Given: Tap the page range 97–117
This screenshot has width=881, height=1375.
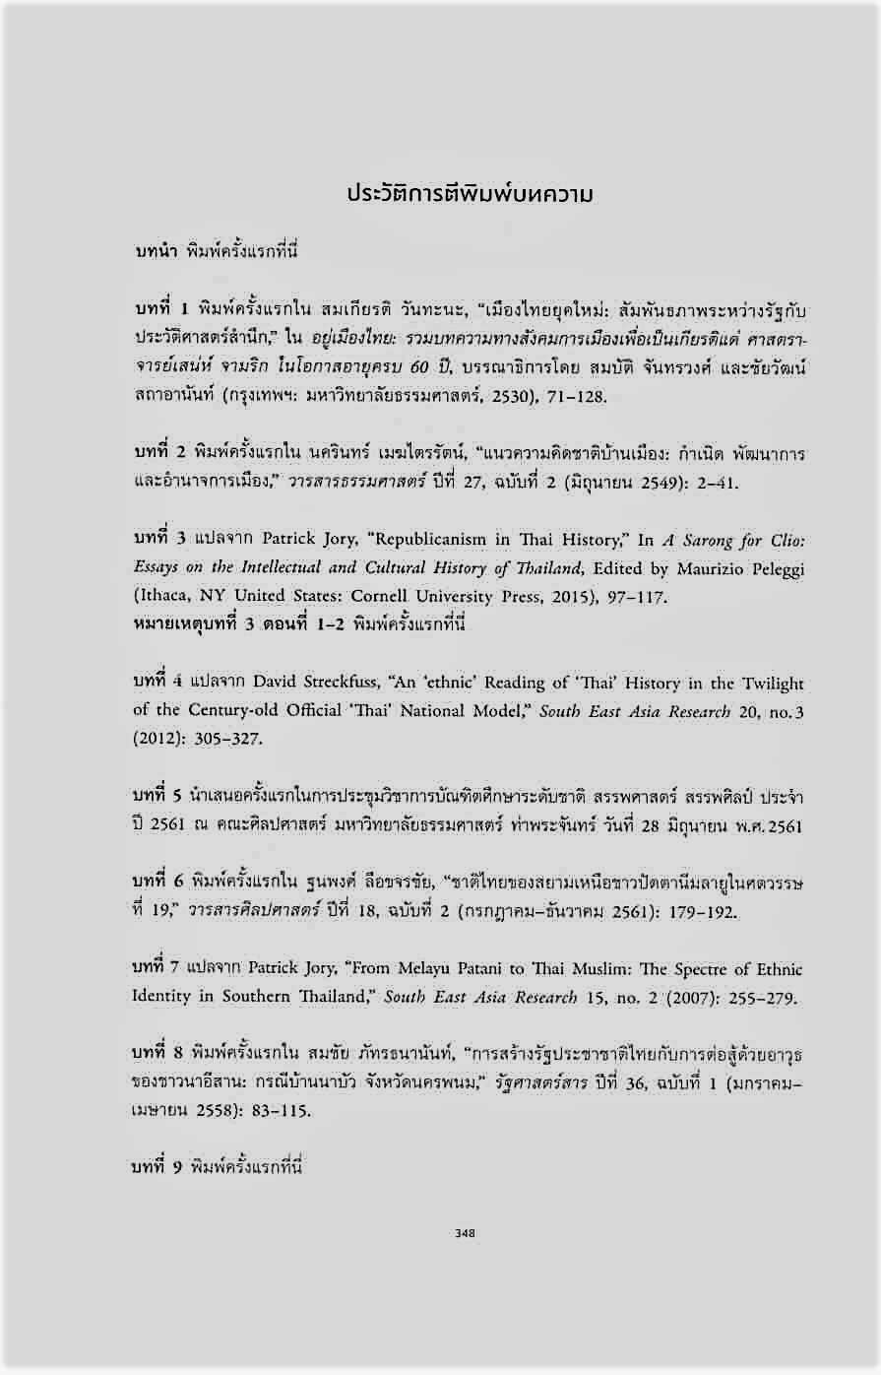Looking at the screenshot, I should point(611,596).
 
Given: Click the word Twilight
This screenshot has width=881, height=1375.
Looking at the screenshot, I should point(770,684).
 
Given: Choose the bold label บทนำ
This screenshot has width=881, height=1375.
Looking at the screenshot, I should point(156,252).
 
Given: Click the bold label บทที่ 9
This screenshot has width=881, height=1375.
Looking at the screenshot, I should point(159,1167).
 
